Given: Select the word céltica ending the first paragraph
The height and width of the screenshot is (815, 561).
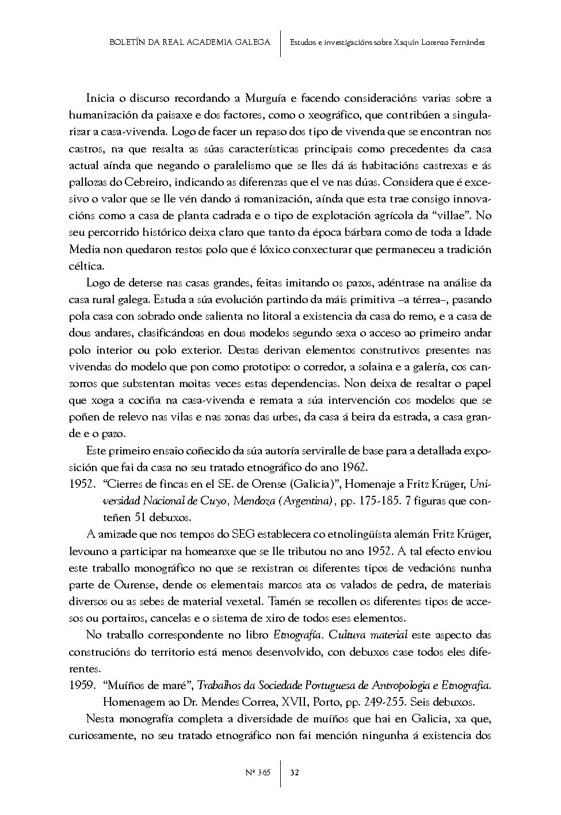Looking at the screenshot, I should (x=87, y=266).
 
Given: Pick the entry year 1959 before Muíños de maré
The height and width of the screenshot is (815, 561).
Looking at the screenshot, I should (x=81, y=686).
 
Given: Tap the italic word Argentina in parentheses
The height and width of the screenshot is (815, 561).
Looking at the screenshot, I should (x=304, y=501).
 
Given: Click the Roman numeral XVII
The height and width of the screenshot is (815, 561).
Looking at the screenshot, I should (x=306, y=702).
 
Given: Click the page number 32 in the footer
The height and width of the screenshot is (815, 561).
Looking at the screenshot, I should (x=294, y=772).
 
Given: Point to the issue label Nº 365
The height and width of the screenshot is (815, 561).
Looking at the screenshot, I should (x=258, y=772).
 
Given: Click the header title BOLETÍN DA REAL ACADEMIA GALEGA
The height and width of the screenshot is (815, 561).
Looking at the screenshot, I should (x=190, y=43).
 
